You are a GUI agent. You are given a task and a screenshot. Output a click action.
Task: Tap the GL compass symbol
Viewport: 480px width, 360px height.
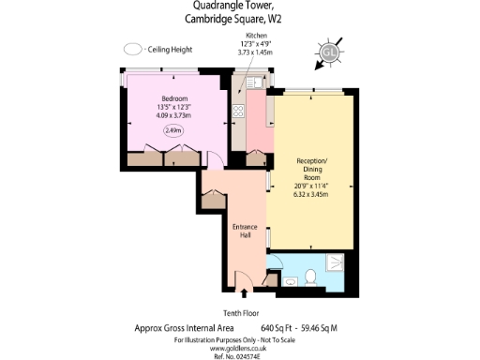329,53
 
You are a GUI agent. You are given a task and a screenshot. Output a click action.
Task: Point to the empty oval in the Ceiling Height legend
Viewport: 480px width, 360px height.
133,49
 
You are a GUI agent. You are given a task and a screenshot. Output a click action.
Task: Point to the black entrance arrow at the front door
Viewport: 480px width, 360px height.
232,299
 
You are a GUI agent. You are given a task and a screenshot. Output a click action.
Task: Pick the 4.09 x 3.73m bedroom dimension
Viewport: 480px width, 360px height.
174,116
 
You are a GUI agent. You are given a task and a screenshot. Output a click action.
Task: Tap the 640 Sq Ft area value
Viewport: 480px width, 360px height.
274,327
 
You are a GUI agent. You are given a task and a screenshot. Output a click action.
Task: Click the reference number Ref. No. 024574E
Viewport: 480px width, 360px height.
240,354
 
